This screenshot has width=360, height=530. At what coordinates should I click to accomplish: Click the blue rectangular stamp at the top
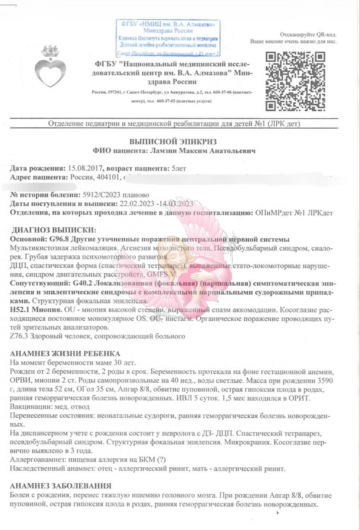[x=168, y=38]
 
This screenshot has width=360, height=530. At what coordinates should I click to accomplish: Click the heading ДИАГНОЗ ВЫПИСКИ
[x=54, y=230]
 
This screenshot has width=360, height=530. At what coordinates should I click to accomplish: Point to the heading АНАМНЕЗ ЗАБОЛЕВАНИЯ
[x=60, y=486]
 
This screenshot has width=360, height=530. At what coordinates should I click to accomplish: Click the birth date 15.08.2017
[x=85, y=169]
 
